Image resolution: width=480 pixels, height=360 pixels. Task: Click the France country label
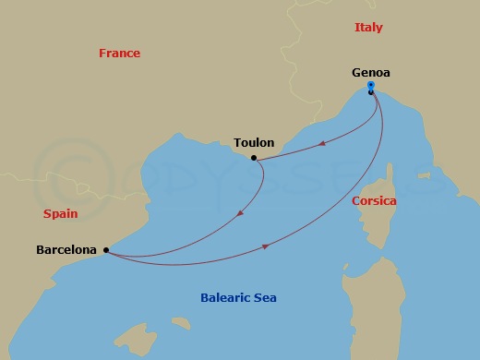pos(119,54)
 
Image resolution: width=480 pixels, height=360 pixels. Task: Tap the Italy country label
pos(368,28)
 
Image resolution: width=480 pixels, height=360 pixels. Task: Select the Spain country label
pos(60,213)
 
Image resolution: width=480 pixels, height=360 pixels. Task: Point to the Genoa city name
pos(370,72)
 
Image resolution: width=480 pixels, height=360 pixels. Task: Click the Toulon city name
pos(254,142)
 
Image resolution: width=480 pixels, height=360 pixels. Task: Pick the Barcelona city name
pos(68,249)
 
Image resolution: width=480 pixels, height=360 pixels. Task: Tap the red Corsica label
pos(374,200)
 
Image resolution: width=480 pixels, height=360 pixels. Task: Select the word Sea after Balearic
pos(266,297)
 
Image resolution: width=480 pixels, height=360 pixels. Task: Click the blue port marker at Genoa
pos(370,86)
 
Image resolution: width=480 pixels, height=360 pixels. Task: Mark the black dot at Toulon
pos(254,157)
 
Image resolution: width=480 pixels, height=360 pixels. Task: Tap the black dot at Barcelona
pos(107,249)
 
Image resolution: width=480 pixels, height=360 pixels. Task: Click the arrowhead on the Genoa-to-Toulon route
pos(319,144)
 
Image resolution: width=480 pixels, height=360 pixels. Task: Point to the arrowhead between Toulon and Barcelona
pos(241,213)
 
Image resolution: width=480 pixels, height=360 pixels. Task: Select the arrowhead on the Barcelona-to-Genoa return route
pos(267,246)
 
